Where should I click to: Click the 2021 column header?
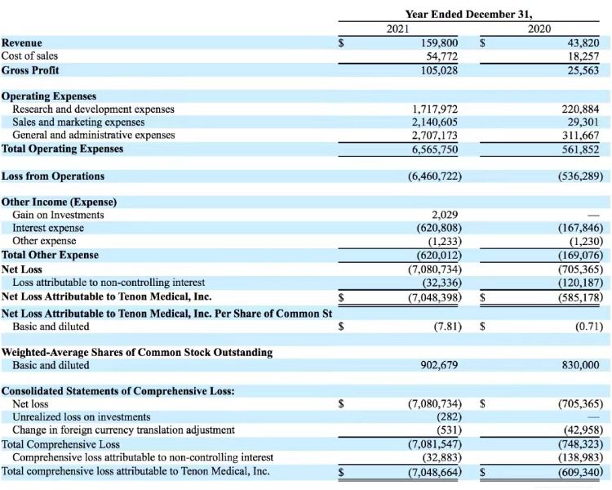coord(397,29)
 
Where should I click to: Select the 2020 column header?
coord(539,29)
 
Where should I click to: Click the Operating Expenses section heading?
coord(49,96)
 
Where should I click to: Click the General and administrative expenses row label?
coord(93,136)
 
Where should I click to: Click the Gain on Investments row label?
coord(58,215)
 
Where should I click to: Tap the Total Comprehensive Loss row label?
coord(60,444)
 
